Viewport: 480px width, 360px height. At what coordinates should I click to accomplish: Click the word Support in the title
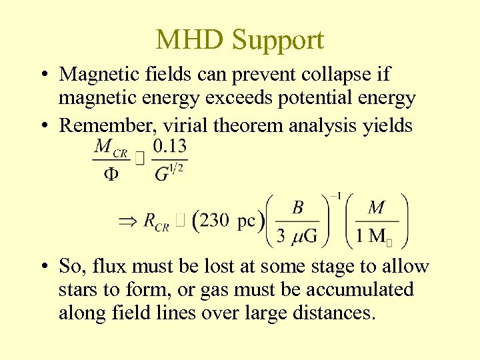pos(278,41)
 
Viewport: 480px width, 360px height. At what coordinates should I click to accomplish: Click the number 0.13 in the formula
pos(169,146)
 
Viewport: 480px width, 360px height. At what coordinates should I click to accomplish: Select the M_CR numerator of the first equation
pos(111,147)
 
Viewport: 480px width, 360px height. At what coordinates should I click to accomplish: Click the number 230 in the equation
pos(214,221)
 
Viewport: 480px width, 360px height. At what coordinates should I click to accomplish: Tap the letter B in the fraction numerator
pos(298,207)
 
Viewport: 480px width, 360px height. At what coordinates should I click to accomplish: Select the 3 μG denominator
pos(297,236)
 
